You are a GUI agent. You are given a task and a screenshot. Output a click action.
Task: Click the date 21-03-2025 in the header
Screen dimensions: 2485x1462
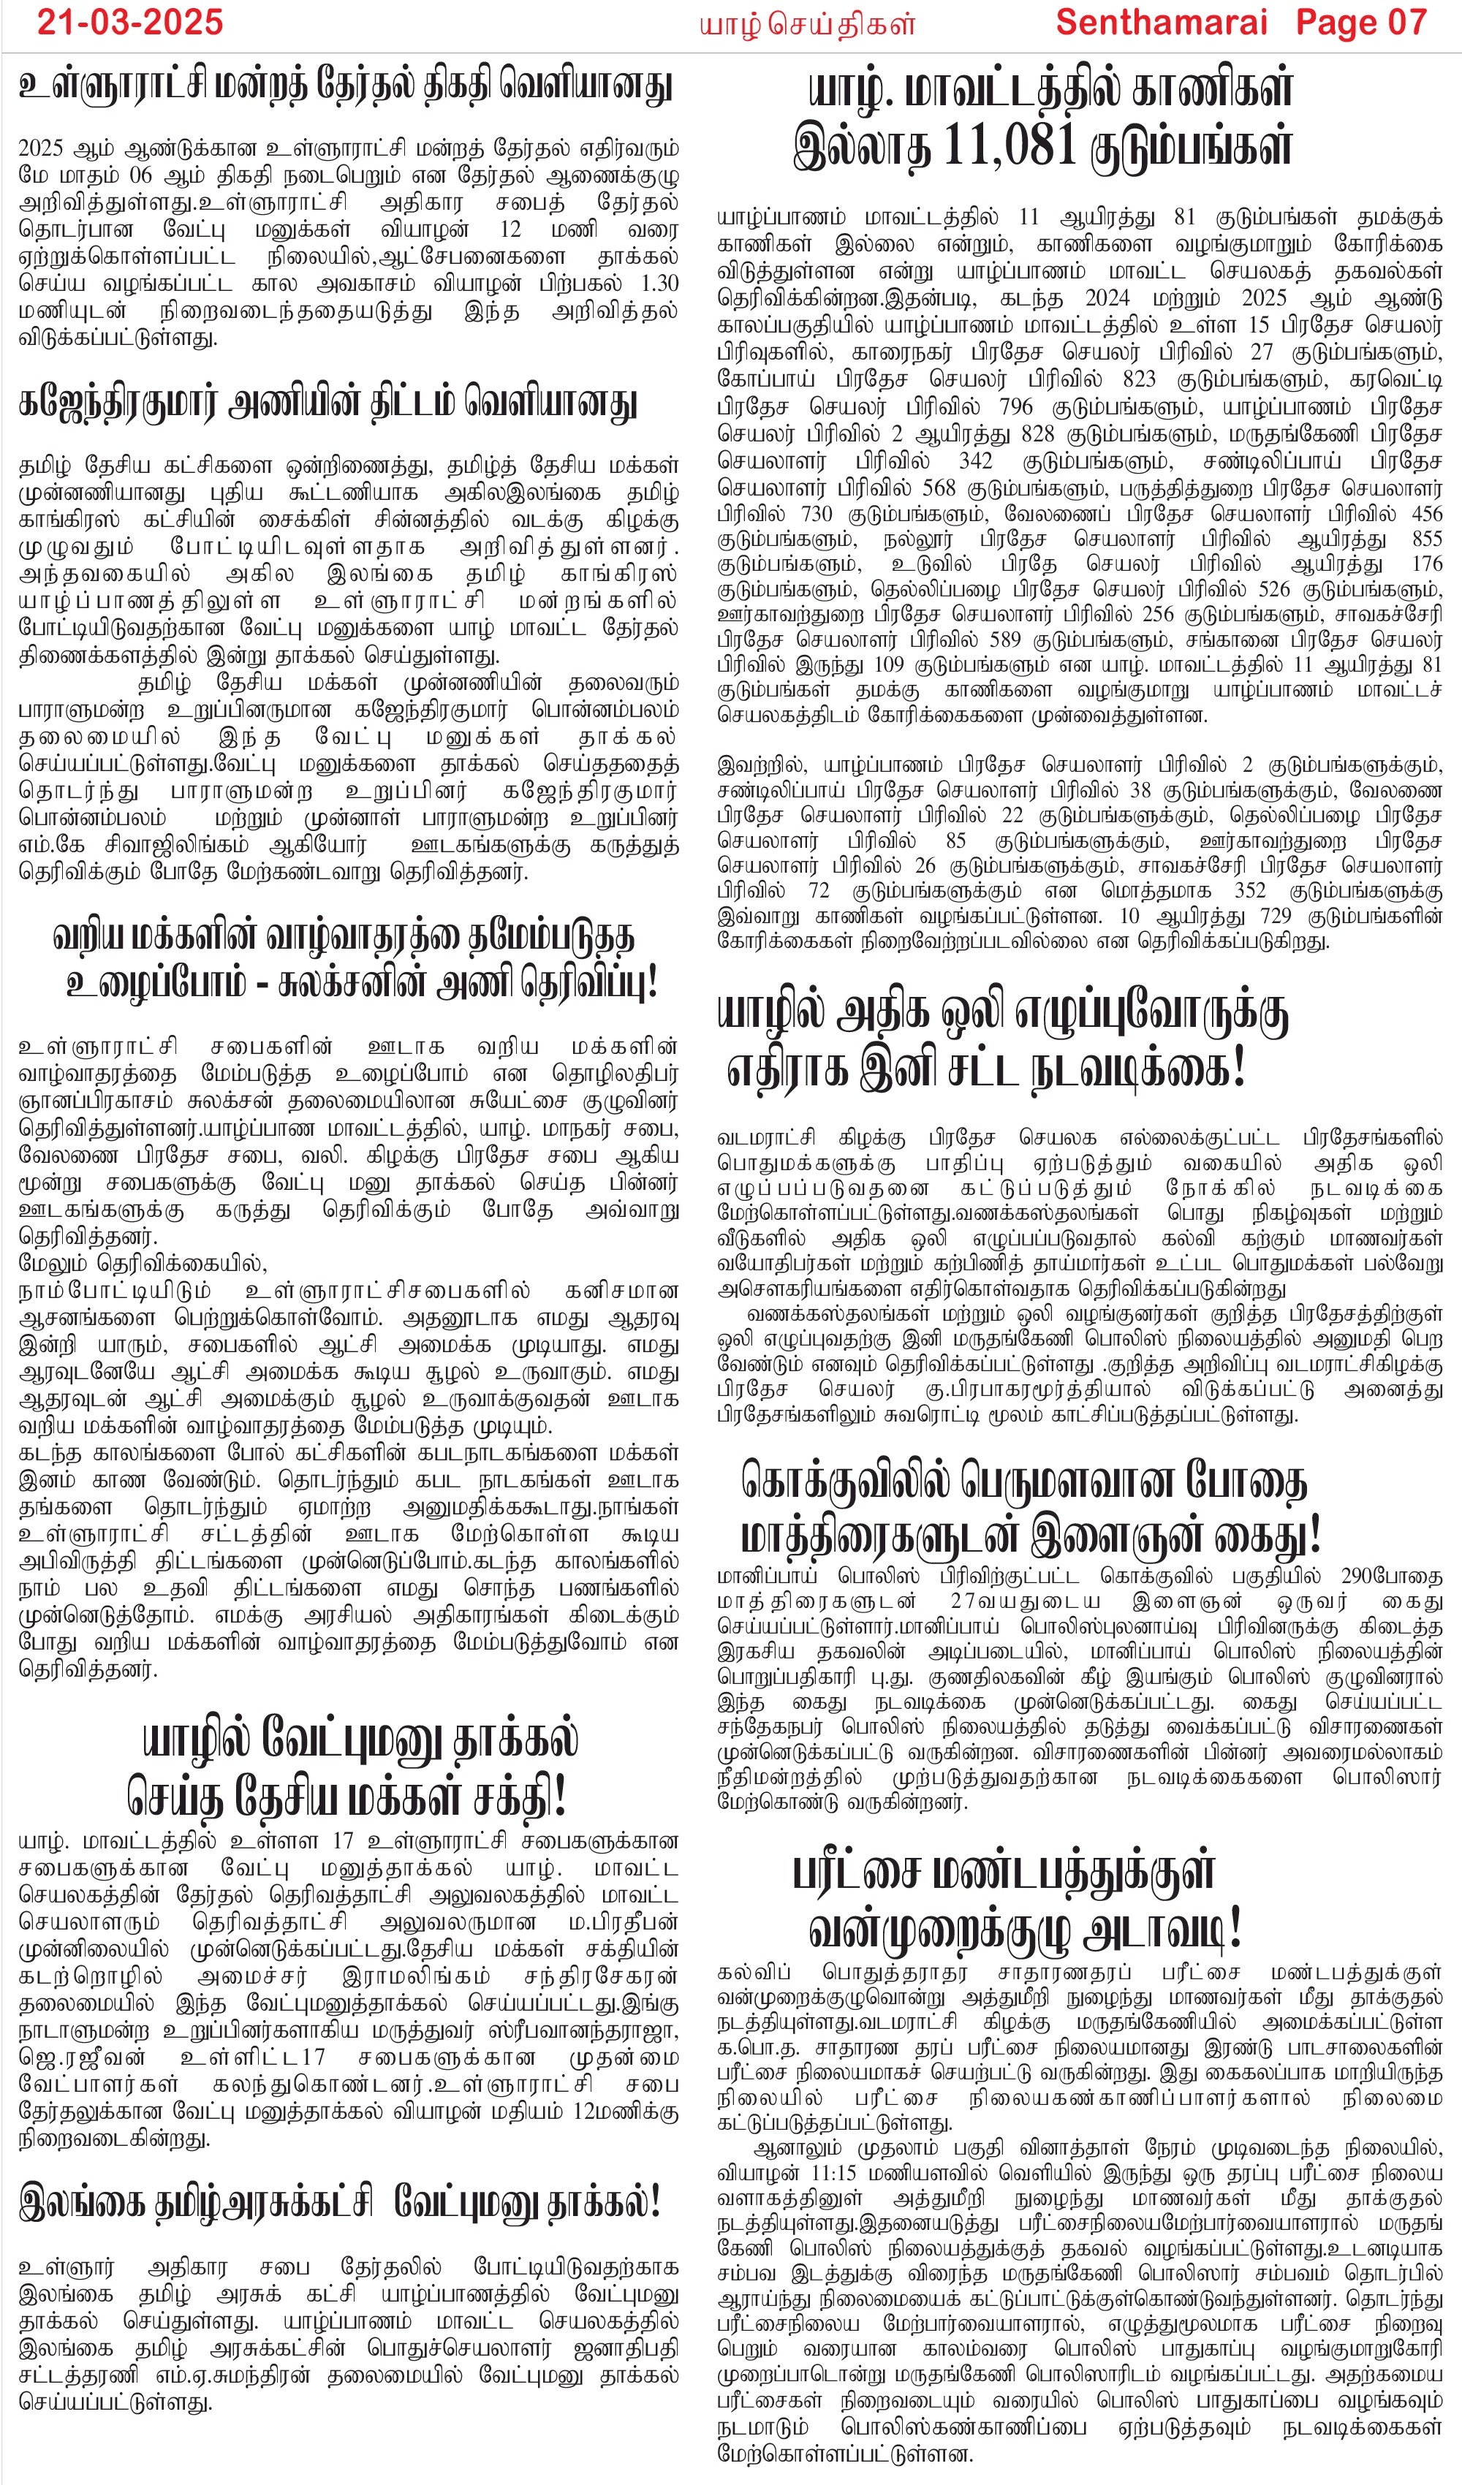(x=130, y=22)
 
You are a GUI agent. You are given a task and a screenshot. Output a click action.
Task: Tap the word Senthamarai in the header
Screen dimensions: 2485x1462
(x=1160, y=22)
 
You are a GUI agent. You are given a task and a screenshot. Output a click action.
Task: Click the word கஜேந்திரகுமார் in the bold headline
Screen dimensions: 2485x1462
(x=119, y=402)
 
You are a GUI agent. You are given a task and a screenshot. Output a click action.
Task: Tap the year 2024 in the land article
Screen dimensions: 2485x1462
(x=1107, y=297)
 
